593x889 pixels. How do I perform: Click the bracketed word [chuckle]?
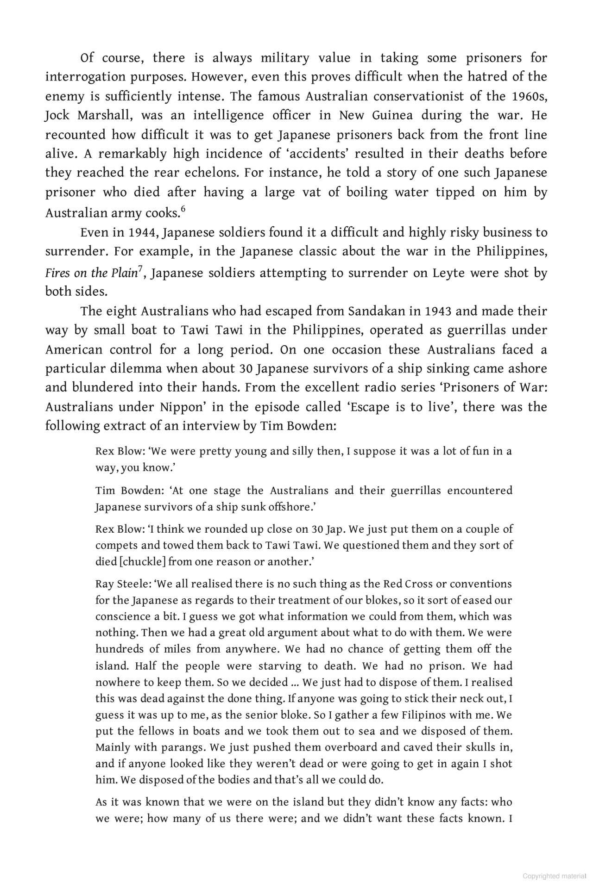coord(142,562)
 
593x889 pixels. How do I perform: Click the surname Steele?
coord(132,584)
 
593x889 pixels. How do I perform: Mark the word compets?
coord(114,546)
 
